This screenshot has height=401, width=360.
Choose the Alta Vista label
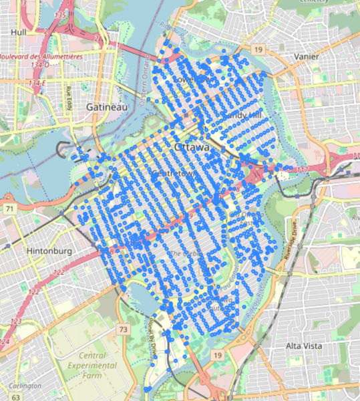pyautogui.click(x=304, y=346)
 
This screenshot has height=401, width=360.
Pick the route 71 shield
pyautogui.click(x=10, y=209)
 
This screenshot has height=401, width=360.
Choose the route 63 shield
pyautogui.click(x=15, y=397)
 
